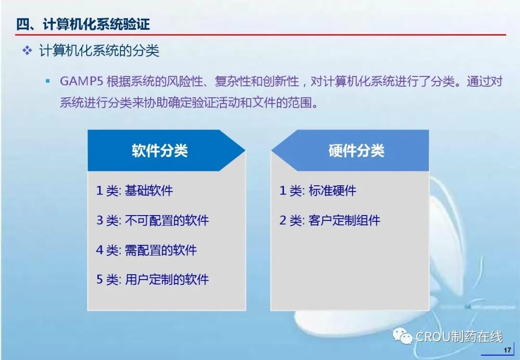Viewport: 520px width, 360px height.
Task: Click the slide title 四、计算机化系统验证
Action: (83, 24)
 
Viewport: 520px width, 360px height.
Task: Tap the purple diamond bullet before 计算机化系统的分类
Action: (27, 51)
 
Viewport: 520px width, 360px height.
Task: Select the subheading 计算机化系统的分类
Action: (99, 51)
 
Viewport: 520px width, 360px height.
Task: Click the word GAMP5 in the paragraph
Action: (81, 81)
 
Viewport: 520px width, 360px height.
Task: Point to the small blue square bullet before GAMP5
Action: (48, 81)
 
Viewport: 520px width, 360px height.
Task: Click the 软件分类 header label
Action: (159, 151)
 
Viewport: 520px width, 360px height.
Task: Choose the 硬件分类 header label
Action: (356, 151)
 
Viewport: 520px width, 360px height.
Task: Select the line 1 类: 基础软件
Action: (134, 191)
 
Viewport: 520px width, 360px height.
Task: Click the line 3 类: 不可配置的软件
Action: (153, 220)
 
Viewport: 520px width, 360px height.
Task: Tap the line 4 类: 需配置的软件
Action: (146, 250)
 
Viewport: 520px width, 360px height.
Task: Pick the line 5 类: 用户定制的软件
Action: (153, 280)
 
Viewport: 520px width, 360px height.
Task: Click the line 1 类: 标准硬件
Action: (318, 191)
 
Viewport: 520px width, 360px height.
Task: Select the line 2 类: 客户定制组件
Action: (330, 220)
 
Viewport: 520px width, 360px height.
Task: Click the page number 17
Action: (507, 350)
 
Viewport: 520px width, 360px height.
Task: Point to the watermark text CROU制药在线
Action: (459, 336)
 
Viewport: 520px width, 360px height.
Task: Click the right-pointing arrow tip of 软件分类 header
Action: (245, 151)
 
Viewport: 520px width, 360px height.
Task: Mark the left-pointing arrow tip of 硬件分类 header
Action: (272, 151)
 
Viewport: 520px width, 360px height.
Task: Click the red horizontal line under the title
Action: (260, 35)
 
